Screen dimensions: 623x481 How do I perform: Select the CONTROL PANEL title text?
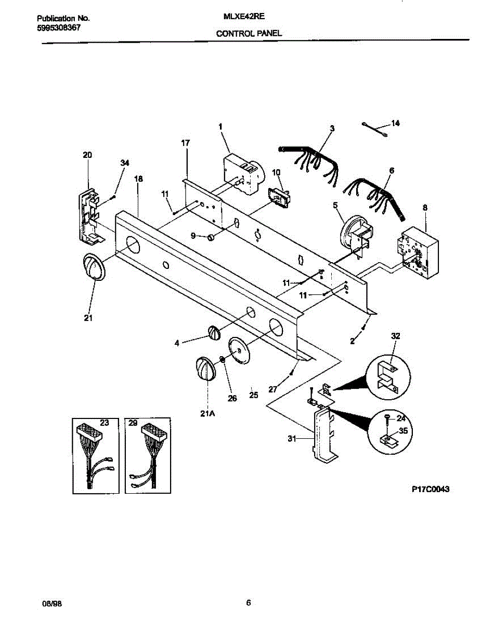click(x=249, y=33)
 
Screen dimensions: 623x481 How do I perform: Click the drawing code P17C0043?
click(x=430, y=489)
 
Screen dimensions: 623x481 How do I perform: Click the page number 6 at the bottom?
click(x=249, y=603)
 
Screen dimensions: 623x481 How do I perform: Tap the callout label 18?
click(x=138, y=179)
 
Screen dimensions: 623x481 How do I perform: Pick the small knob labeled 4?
click(x=213, y=332)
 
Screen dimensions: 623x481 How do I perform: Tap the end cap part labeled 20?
click(x=89, y=218)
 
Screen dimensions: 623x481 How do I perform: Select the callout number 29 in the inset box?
click(x=133, y=424)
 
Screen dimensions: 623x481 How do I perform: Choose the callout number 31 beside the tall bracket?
click(x=293, y=439)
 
